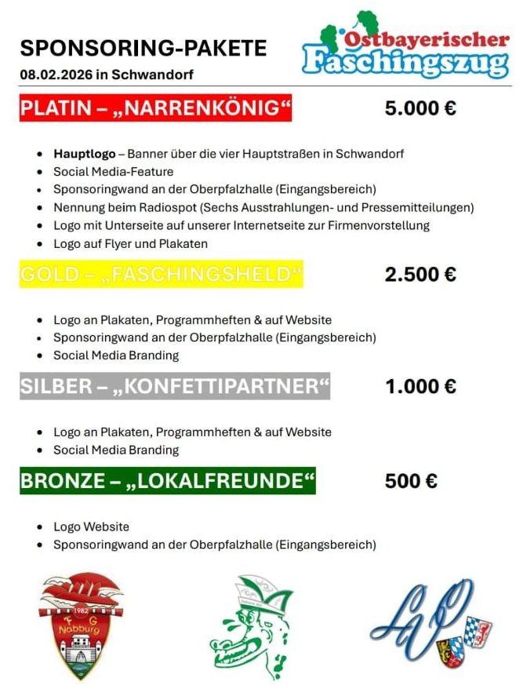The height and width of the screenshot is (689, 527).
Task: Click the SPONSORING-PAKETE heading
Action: (143, 48)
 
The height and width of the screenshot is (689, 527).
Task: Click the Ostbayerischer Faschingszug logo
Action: (405, 48)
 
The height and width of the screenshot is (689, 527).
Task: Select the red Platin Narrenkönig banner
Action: (155, 108)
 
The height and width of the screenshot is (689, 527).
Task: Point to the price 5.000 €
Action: (420, 108)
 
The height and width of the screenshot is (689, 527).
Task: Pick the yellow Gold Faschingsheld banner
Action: (161, 275)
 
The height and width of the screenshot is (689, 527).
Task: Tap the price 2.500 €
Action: (420, 275)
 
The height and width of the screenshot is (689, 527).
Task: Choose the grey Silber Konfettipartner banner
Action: (175, 387)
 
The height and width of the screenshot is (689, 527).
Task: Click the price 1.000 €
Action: (420, 387)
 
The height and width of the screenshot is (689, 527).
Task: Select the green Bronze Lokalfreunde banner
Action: (168, 481)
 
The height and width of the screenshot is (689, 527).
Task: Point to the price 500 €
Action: (411, 481)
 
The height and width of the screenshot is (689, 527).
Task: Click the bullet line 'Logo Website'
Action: (91, 527)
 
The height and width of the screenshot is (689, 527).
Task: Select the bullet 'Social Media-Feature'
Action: (113, 171)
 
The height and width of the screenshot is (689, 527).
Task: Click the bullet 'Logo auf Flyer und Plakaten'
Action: (130, 243)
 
